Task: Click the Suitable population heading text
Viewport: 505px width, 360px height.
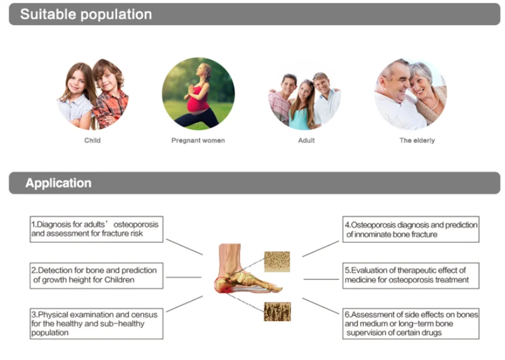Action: pyautogui.click(x=86, y=14)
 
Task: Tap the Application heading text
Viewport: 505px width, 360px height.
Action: pyautogui.click(x=58, y=183)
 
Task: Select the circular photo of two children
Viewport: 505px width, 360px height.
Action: pyautogui.click(x=92, y=93)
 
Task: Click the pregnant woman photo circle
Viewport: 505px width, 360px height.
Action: pyautogui.click(x=198, y=93)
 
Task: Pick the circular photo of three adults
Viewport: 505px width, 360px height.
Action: pyautogui.click(x=305, y=94)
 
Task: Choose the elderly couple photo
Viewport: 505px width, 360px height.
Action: pyautogui.click(x=410, y=94)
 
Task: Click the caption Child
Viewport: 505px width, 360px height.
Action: pyautogui.click(x=92, y=140)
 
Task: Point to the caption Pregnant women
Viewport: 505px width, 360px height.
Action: pyautogui.click(x=198, y=140)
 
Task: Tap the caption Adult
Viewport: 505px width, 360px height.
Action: pyautogui.click(x=306, y=140)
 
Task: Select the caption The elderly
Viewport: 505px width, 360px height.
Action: pyautogui.click(x=417, y=140)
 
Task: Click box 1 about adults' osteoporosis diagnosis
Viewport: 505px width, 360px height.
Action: pyautogui.click(x=96, y=229)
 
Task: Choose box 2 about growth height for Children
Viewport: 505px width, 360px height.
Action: pyautogui.click(x=96, y=275)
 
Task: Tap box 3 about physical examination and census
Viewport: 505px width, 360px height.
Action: pyautogui.click(x=96, y=323)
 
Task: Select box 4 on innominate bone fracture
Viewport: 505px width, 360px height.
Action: pyautogui.click(x=411, y=229)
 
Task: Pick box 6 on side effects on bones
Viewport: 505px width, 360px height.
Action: pyautogui.click(x=411, y=323)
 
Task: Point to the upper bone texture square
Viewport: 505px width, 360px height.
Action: pyautogui.click(x=276, y=261)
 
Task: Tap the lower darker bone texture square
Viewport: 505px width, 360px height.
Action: pyautogui.click(x=276, y=311)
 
